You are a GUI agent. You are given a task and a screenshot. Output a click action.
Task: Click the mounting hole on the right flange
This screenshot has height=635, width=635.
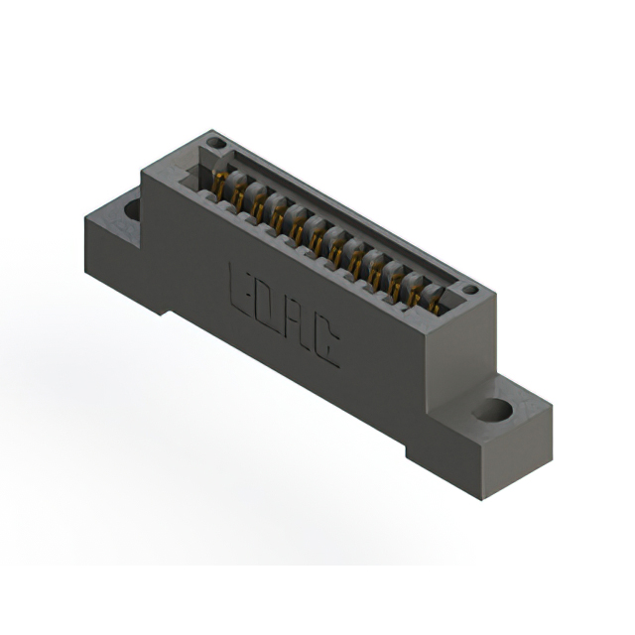(x=492, y=409)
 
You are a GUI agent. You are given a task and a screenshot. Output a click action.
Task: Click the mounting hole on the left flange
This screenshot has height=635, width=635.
(x=131, y=209)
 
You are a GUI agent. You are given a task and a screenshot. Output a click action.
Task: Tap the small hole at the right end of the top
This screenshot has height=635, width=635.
(x=470, y=290)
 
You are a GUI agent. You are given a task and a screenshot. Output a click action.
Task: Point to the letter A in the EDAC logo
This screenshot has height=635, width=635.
(x=296, y=324)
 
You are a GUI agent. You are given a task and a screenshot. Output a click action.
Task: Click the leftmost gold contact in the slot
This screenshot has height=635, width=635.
(x=219, y=183)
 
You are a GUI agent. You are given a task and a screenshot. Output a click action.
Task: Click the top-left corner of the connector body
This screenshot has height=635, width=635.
(x=142, y=170)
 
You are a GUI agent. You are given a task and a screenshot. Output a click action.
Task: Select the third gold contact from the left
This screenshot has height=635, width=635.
(x=258, y=206)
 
